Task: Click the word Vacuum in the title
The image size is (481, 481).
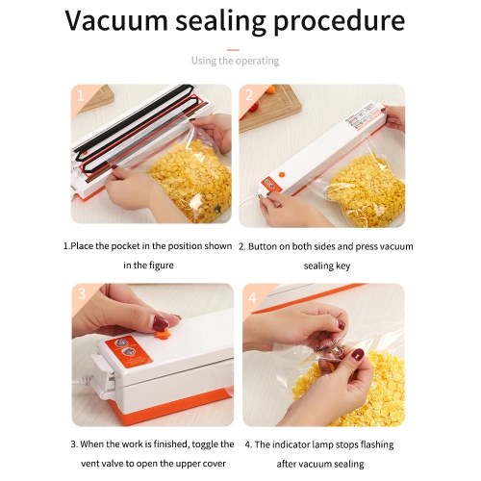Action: tap(117, 20)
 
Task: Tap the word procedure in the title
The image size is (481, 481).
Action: tap(339, 23)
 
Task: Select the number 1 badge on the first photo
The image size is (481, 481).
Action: tap(80, 95)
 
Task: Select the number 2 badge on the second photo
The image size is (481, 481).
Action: tap(249, 95)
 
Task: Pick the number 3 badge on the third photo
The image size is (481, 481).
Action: tap(82, 293)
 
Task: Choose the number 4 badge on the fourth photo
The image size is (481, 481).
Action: tap(253, 298)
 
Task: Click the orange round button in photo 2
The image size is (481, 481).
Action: tap(282, 175)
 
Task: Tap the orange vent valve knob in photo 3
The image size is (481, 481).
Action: tap(161, 335)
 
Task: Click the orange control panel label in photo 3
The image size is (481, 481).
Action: tap(128, 351)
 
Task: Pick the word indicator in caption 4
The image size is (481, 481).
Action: tap(291, 444)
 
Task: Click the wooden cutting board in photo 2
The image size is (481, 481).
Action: tap(270, 108)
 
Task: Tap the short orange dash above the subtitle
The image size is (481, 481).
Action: tap(233, 50)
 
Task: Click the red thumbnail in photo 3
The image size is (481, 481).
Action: tap(160, 323)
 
